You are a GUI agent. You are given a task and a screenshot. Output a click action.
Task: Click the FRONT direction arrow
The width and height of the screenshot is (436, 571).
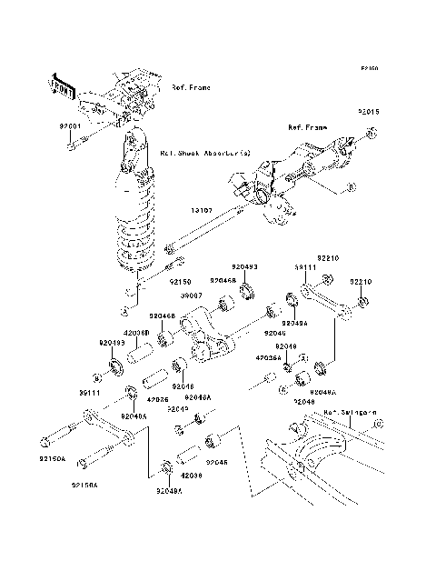tap(64, 86)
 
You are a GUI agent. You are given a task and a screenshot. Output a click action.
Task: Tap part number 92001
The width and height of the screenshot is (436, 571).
tap(71, 125)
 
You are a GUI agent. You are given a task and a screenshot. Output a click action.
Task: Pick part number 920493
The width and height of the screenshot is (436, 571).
tap(244, 266)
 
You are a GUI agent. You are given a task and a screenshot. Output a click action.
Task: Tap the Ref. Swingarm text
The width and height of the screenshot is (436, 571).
tap(350, 412)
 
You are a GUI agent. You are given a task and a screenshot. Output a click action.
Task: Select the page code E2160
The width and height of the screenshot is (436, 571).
tap(368, 68)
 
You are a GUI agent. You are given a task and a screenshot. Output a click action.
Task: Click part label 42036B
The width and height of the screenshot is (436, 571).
tap(136, 334)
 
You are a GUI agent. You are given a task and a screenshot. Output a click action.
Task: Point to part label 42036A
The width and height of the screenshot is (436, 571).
tap(267, 358)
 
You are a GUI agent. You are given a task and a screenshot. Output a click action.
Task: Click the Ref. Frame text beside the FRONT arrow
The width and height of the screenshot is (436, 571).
tap(191, 88)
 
